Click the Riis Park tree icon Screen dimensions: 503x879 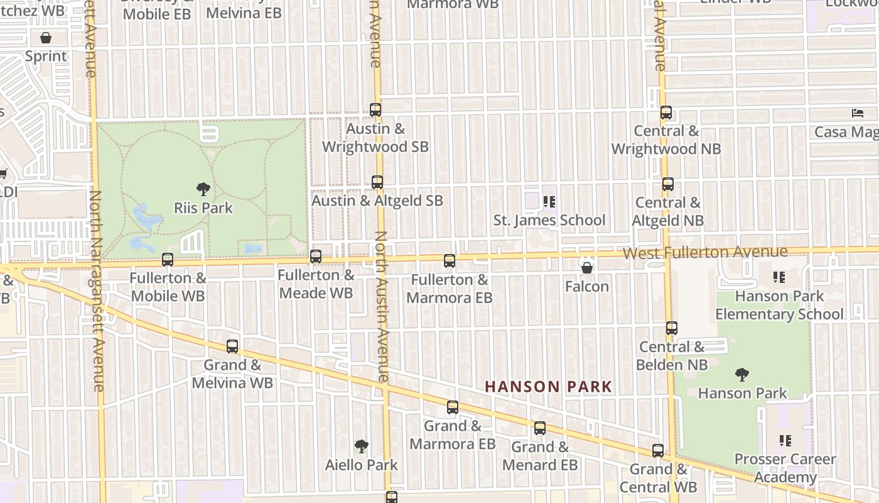pos(203,189)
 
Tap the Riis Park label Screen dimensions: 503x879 pos(203,208)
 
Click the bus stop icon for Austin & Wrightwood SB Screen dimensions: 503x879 pos(375,109)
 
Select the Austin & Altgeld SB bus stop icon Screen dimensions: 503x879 pos(377,182)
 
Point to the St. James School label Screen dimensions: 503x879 pos(549,220)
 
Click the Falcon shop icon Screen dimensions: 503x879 pos(587,268)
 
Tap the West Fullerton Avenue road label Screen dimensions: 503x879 pos(705,253)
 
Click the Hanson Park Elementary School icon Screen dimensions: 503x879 pos(779,277)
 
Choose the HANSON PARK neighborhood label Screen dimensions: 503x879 pos(549,387)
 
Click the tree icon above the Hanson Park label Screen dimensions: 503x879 pos(742,375)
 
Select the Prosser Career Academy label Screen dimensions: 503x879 pos(785,468)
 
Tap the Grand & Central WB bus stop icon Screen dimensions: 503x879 pos(658,451)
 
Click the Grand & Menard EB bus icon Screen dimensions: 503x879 pos(540,428)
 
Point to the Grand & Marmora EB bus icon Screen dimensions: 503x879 pos(453,407)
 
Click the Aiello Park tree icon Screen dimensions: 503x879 pos(361,446)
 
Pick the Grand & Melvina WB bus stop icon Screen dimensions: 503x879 pos(232,346)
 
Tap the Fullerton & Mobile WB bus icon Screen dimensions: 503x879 pos(168,259)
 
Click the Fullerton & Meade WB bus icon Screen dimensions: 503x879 pos(316,257)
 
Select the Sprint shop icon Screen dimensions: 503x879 pos(46,38)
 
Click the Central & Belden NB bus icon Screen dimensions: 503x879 pos(672,328)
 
